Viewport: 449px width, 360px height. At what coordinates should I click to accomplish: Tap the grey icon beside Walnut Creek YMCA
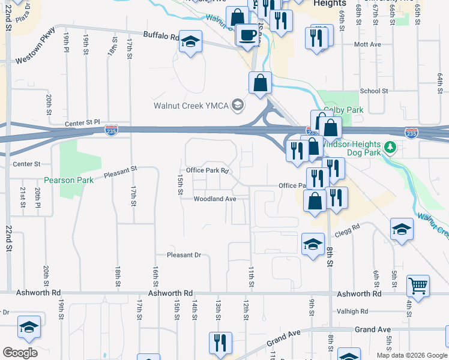pos(238,106)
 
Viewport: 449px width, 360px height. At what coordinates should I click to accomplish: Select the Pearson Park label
pos(68,180)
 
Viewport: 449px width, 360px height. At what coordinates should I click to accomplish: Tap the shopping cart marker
pos(418,286)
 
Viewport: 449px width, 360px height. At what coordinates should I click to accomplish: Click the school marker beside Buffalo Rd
pos(191,42)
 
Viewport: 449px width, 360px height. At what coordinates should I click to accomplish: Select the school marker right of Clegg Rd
pos(402,229)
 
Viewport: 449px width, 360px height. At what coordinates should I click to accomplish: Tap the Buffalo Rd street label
pos(161,36)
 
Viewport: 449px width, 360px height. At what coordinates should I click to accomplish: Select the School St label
pos(374,91)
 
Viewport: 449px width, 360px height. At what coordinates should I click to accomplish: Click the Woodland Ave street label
pos(214,199)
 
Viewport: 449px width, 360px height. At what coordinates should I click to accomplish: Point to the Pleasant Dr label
pos(184,255)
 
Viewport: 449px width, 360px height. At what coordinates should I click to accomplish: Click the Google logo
pos(19,353)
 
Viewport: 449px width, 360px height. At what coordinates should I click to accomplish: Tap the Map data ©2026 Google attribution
pos(411,355)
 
